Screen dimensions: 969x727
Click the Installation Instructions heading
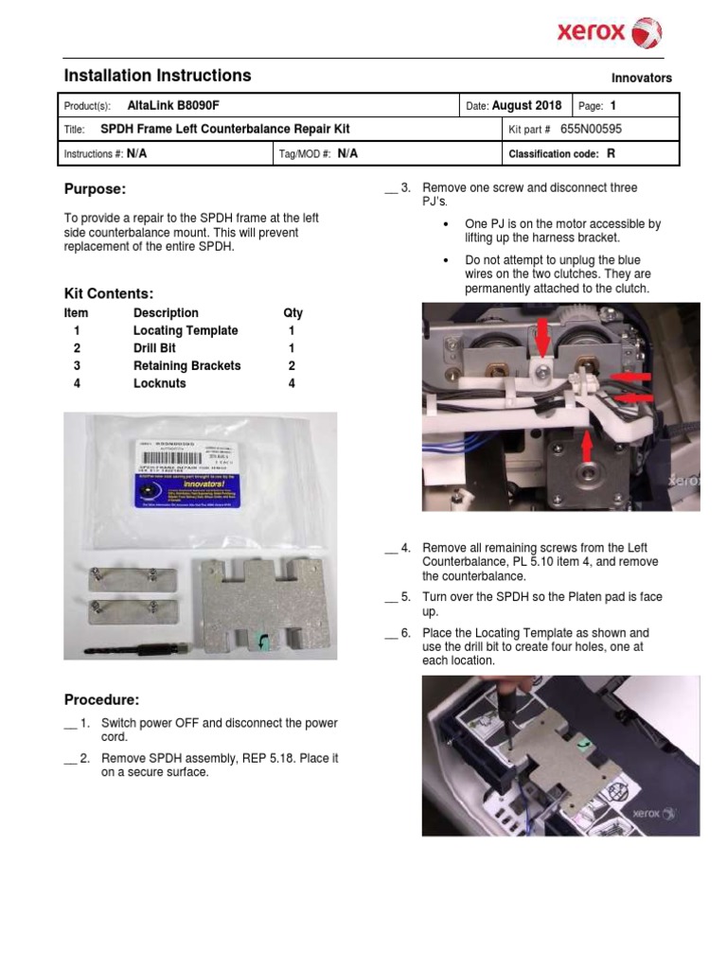157,76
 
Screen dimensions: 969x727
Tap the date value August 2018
526,106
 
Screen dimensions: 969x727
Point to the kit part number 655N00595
591,130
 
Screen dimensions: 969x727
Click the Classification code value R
611,153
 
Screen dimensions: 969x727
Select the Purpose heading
94,189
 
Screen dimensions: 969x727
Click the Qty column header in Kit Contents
293,313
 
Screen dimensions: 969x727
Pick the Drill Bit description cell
154,348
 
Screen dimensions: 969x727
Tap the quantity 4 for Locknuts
292,383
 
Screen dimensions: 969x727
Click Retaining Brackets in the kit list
186,366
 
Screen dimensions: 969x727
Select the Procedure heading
101,700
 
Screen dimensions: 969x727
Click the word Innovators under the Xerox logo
641,79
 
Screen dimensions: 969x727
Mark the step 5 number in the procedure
405,597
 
